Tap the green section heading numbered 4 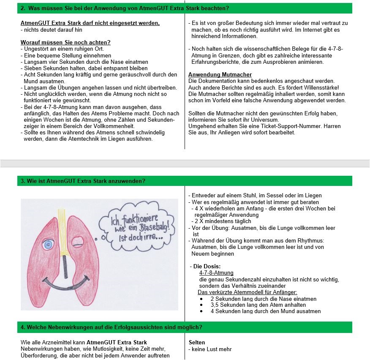click(x=112, y=327)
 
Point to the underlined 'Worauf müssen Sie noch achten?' click(x=65, y=42)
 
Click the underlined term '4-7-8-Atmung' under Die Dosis click(x=216, y=273)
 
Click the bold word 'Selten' click(x=197, y=342)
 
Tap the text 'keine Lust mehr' click(x=211, y=349)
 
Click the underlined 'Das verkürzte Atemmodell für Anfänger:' click(x=248, y=292)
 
